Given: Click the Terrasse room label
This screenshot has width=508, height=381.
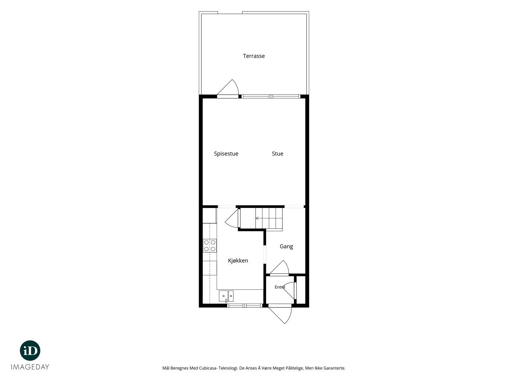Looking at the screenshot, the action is coord(254,56).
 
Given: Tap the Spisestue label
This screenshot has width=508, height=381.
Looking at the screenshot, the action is coord(226,154).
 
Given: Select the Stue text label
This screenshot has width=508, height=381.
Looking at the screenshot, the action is coord(277,154).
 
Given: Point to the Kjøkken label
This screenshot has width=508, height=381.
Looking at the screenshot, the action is coord(238,260).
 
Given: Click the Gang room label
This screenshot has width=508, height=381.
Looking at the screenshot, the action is coord(286,247).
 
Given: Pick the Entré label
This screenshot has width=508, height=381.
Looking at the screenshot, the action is coord(280,287).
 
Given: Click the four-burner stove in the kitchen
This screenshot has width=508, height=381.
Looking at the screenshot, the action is coord(210,246).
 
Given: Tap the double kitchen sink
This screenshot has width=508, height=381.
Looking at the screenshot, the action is coord(226,297).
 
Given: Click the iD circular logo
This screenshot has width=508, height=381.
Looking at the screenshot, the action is coord(30,350).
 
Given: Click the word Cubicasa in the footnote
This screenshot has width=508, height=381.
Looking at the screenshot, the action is coord(207,368).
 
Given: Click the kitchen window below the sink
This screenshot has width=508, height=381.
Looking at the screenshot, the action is coord(245,306).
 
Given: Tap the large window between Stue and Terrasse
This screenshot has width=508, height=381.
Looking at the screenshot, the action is coord(271,96).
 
